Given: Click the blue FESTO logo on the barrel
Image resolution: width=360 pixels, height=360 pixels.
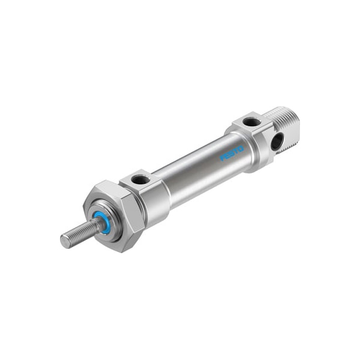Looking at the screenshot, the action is coord(232,153).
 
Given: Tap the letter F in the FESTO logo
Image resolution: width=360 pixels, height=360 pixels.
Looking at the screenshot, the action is coord(223,158).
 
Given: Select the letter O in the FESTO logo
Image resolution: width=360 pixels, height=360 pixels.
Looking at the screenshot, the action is coord(241,149).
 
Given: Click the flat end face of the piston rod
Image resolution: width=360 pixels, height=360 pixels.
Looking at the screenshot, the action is coord(65,242).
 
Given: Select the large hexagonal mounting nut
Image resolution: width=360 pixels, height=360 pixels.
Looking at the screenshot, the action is coord(113,217).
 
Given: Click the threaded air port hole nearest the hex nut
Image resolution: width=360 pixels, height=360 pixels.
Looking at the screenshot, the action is coord(139,178).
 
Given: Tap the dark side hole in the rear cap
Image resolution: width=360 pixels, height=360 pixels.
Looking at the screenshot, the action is coord(277,140).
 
